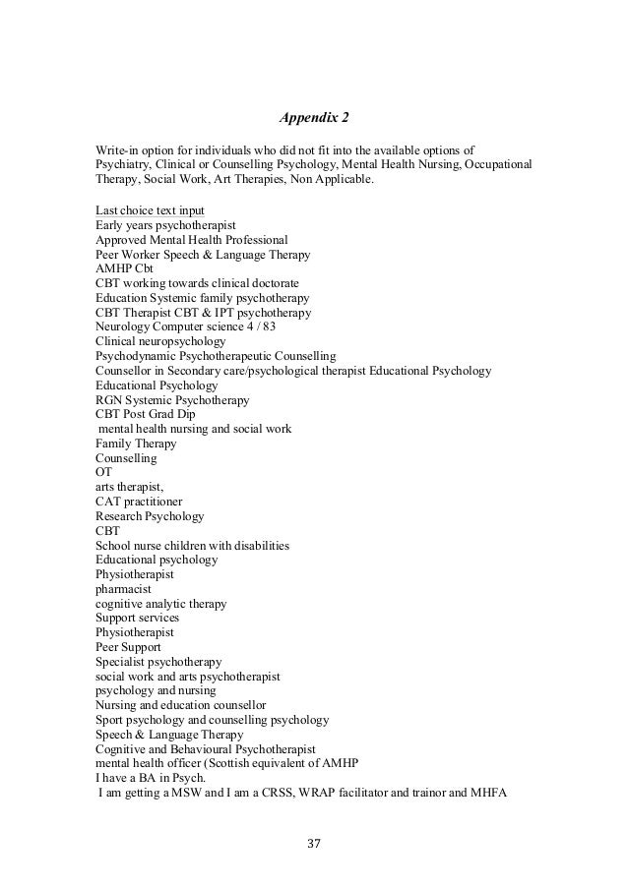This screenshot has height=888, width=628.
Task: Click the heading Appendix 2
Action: pyautogui.click(x=314, y=120)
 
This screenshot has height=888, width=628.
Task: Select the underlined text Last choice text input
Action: pyautogui.click(x=150, y=210)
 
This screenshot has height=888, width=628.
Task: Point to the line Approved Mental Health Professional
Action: pyautogui.click(x=191, y=240)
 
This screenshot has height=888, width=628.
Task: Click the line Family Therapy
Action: pyautogui.click(x=137, y=444)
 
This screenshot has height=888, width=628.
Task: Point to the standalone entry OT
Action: pyautogui.click(x=103, y=472)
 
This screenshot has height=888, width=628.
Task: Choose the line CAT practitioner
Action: pyautogui.click(x=139, y=502)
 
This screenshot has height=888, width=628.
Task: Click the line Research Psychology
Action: pyautogui.click(x=150, y=516)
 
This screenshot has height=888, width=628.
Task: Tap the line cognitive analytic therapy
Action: pyautogui.click(x=160, y=603)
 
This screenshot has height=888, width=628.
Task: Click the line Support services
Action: pyautogui.click(x=139, y=618)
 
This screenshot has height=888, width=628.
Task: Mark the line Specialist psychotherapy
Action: pyautogui.click(x=158, y=662)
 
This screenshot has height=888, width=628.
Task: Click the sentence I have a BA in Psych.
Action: pyautogui.click(x=151, y=778)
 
